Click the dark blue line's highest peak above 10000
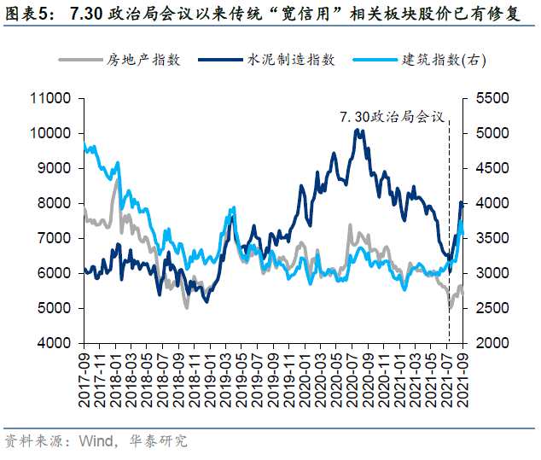point(358,130)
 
